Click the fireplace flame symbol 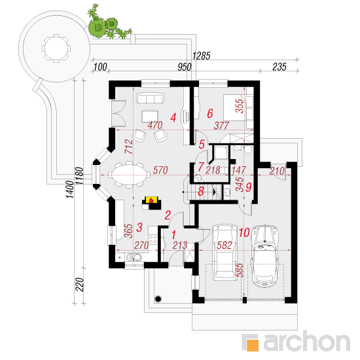[151, 200]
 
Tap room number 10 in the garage [244, 232]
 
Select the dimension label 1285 [202, 56]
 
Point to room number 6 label [210, 113]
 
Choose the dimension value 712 [129, 147]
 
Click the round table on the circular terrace [56, 48]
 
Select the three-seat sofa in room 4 [150, 98]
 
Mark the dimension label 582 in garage [225, 245]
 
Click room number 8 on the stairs [201, 191]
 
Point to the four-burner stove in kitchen [153, 239]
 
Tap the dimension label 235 [279, 67]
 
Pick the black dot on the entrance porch [158, 299]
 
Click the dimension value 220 [80, 285]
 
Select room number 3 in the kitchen [139, 227]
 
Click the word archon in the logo [307, 343]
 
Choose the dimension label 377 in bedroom [221, 126]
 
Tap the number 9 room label [249, 187]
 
